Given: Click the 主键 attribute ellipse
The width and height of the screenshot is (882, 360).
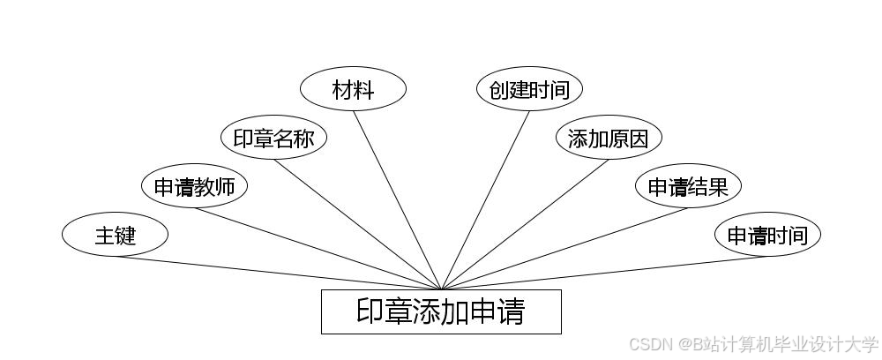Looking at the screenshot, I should point(115,235).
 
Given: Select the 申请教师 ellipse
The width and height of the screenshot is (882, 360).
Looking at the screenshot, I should point(194,186).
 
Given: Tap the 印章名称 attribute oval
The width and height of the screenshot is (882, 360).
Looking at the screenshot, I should point(273,139).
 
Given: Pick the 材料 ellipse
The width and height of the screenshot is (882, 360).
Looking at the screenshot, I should point(353,89).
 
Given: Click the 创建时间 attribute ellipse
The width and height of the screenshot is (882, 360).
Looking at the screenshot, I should point(529,89).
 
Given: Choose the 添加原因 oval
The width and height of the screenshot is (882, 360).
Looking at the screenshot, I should point(609,139).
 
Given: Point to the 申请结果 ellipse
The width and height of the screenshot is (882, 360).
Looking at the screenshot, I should point(688,186).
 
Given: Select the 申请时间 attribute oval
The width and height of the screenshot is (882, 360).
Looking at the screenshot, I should point(767,235).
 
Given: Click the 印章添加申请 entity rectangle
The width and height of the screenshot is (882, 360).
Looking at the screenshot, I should point(441,311).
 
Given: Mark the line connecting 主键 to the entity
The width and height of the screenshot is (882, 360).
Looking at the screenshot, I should point(278,273).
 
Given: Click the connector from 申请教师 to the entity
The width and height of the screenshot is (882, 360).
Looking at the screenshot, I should point(318,249).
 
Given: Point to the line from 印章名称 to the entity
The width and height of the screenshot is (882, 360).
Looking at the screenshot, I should point(357,224).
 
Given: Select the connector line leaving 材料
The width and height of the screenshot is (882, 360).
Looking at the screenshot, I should point(397,200).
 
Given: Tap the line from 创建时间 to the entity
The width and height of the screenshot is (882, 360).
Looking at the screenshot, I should point(485,200).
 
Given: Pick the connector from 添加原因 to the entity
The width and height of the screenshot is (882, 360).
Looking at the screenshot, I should point(525,224).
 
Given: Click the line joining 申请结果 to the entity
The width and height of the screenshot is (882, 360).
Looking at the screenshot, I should point(564,249).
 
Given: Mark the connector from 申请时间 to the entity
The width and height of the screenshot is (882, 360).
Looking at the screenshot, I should point(604,273).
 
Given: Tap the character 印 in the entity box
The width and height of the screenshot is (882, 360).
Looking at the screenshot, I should point(370,312).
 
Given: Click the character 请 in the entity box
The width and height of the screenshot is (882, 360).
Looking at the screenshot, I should point(511,312).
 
